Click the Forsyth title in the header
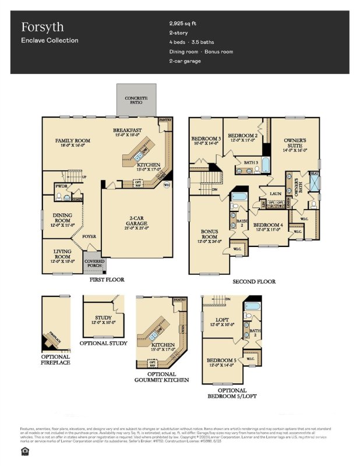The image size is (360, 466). [43, 27]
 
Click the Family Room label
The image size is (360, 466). [73, 140]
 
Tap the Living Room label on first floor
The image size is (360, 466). [62, 253]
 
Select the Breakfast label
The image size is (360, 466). [128, 130]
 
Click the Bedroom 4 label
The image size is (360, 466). [268, 225]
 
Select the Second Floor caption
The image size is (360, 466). [254, 282]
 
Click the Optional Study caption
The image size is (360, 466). [103, 343]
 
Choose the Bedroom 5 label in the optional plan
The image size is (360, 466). [222, 361]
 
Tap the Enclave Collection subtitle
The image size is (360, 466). [50, 40]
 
